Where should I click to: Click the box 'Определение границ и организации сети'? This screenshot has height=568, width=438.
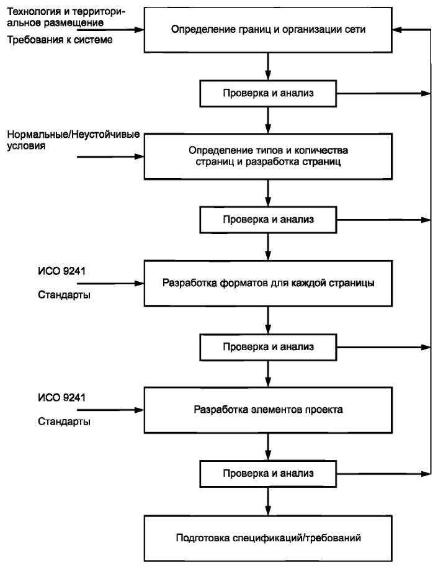point(268,30)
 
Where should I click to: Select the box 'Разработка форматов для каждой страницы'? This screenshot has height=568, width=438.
point(268,283)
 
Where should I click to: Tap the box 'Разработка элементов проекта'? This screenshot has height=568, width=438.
point(268,410)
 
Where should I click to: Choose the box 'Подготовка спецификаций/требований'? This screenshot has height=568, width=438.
point(268,538)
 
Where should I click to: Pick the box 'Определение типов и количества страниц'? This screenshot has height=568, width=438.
point(268,156)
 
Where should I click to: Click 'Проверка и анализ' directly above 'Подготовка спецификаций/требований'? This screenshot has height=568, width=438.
point(268,474)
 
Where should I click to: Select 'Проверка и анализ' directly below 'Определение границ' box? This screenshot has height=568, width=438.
point(268,94)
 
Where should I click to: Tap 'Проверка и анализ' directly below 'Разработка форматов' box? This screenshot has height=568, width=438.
point(268,347)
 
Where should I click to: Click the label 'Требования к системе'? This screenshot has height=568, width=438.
point(60,40)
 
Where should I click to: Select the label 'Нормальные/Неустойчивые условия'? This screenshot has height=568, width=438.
point(73,140)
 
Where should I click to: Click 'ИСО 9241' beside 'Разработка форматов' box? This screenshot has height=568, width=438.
point(61,271)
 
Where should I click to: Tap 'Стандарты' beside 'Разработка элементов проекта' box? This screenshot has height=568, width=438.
point(64,421)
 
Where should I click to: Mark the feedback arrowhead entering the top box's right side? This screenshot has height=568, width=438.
point(397,30)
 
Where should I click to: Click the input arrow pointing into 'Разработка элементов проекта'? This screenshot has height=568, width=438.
point(110,410)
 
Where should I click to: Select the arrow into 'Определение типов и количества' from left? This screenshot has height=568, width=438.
point(110,156)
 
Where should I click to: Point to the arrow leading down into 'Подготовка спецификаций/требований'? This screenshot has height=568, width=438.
point(268,502)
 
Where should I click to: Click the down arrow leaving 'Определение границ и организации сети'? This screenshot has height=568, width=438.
point(268,66)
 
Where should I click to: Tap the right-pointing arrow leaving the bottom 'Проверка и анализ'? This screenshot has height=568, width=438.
point(383,474)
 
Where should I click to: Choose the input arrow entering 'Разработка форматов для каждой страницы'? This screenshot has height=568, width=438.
point(110,283)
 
